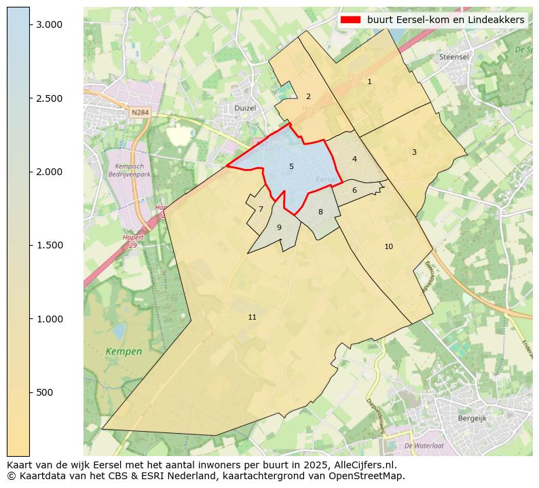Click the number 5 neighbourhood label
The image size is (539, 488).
[x=291, y=166]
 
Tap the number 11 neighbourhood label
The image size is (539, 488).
[x=252, y=317]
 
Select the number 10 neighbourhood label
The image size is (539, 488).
[x=388, y=246]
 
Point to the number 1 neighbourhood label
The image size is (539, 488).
[x=369, y=81]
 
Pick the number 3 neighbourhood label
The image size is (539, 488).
[x=414, y=152]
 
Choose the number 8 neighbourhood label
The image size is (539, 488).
[x=320, y=212]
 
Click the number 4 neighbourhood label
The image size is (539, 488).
[x=354, y=159]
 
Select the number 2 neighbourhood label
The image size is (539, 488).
[x=308, y=96]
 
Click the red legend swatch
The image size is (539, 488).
[x=350, y=20]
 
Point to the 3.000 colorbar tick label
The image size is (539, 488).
[x=49, y=24]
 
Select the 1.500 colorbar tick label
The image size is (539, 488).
[x=49, y=245]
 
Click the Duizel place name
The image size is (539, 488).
[x=244, y=108]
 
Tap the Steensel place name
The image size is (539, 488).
[x=454, y=57]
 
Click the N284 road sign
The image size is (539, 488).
[x=140, y=113]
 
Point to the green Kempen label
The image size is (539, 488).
[x=124, y=352]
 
